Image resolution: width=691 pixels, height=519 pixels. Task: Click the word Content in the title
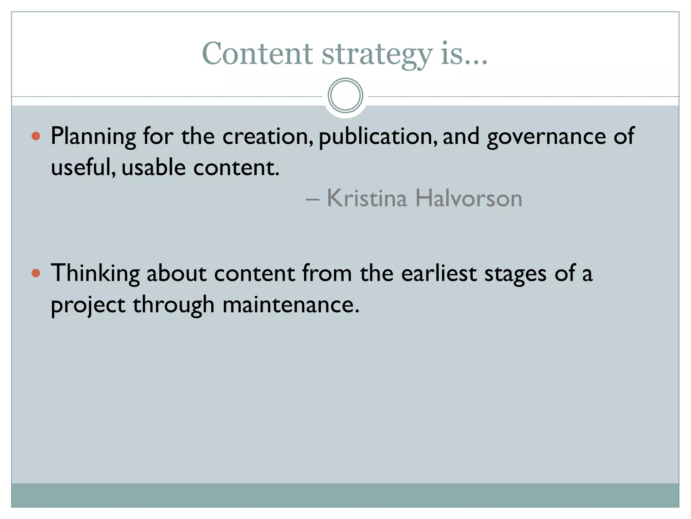pyautogui.click(x=257, y=54)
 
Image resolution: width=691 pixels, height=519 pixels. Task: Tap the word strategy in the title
pyautogui.click(x=377, y=55)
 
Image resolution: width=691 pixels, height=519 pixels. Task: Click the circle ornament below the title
pyautogui.click(x=345, y=96)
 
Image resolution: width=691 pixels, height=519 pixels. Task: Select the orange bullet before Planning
pyautogui.click(x=36, y=136)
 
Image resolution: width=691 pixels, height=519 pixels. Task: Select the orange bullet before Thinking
pyautogui.click(x=36, y=273)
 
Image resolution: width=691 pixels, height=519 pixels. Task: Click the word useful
pyautogui.click(x=83, y=167)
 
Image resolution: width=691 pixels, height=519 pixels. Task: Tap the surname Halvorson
pyautogui.click(x=469, y=198)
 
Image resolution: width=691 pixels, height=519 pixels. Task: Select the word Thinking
pyautogui.click(x=95, y=273)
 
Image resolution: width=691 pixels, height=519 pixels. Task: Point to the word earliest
pyautogui.click(x=439, y=273)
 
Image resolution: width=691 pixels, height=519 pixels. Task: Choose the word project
pyautogui.click(x=88, y=305)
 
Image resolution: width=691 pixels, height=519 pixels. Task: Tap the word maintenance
pyautogui.click(x=291, y=304)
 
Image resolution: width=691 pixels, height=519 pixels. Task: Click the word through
pyautogui.click(x=174, y=305)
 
